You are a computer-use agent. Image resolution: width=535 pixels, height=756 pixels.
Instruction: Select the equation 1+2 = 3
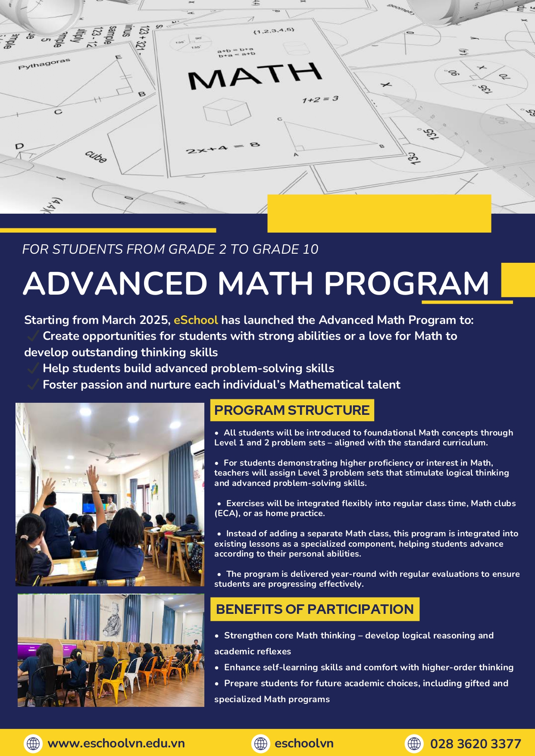[320, 100]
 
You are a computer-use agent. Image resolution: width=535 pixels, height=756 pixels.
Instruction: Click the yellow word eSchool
[196, 320]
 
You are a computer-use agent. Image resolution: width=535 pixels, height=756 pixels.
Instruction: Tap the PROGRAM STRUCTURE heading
[292, 410]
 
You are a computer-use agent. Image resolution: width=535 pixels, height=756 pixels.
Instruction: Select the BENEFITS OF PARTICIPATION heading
[315, 609]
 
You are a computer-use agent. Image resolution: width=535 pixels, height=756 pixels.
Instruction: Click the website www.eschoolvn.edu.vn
[116, 744]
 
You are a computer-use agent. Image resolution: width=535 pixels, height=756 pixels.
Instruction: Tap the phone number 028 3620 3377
[475, 744]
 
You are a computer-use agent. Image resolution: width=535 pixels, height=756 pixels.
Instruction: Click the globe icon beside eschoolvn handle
[261, 744]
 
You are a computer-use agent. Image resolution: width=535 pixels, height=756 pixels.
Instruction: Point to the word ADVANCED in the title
[116, 284]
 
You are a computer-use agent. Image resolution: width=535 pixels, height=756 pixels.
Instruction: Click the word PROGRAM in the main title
[406, 284]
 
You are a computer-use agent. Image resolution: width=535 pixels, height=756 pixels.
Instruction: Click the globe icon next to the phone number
[414, 744]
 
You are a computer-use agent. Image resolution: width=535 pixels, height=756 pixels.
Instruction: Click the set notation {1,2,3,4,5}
[273, 31]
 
